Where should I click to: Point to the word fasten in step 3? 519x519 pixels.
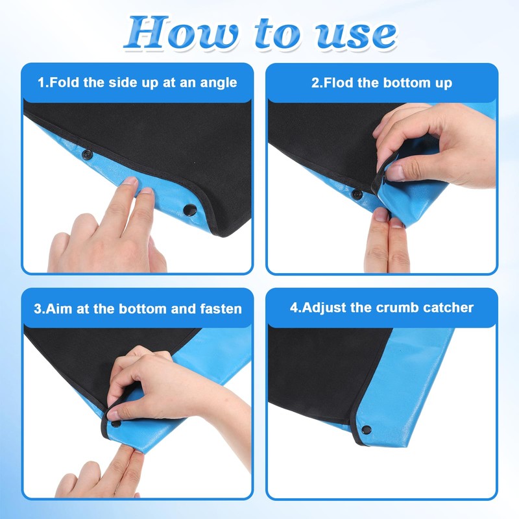pos(221,309)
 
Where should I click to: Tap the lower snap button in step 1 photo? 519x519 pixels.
pos(189,210)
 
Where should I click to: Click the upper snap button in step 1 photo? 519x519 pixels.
pos(88,154)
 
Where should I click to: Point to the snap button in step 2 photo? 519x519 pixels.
pos(356,194)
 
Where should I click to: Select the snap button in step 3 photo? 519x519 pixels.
pos(116,424)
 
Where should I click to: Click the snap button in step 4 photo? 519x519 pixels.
pos(367,430)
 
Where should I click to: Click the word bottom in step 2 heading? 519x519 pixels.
pos(407,82)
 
